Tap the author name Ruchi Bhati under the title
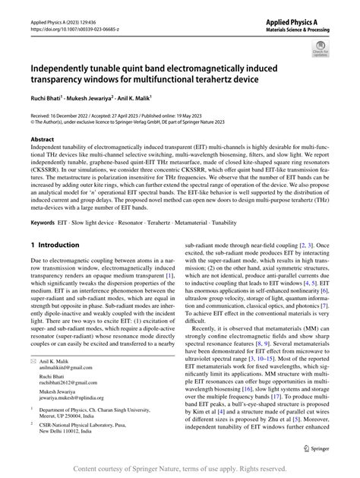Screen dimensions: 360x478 45,98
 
